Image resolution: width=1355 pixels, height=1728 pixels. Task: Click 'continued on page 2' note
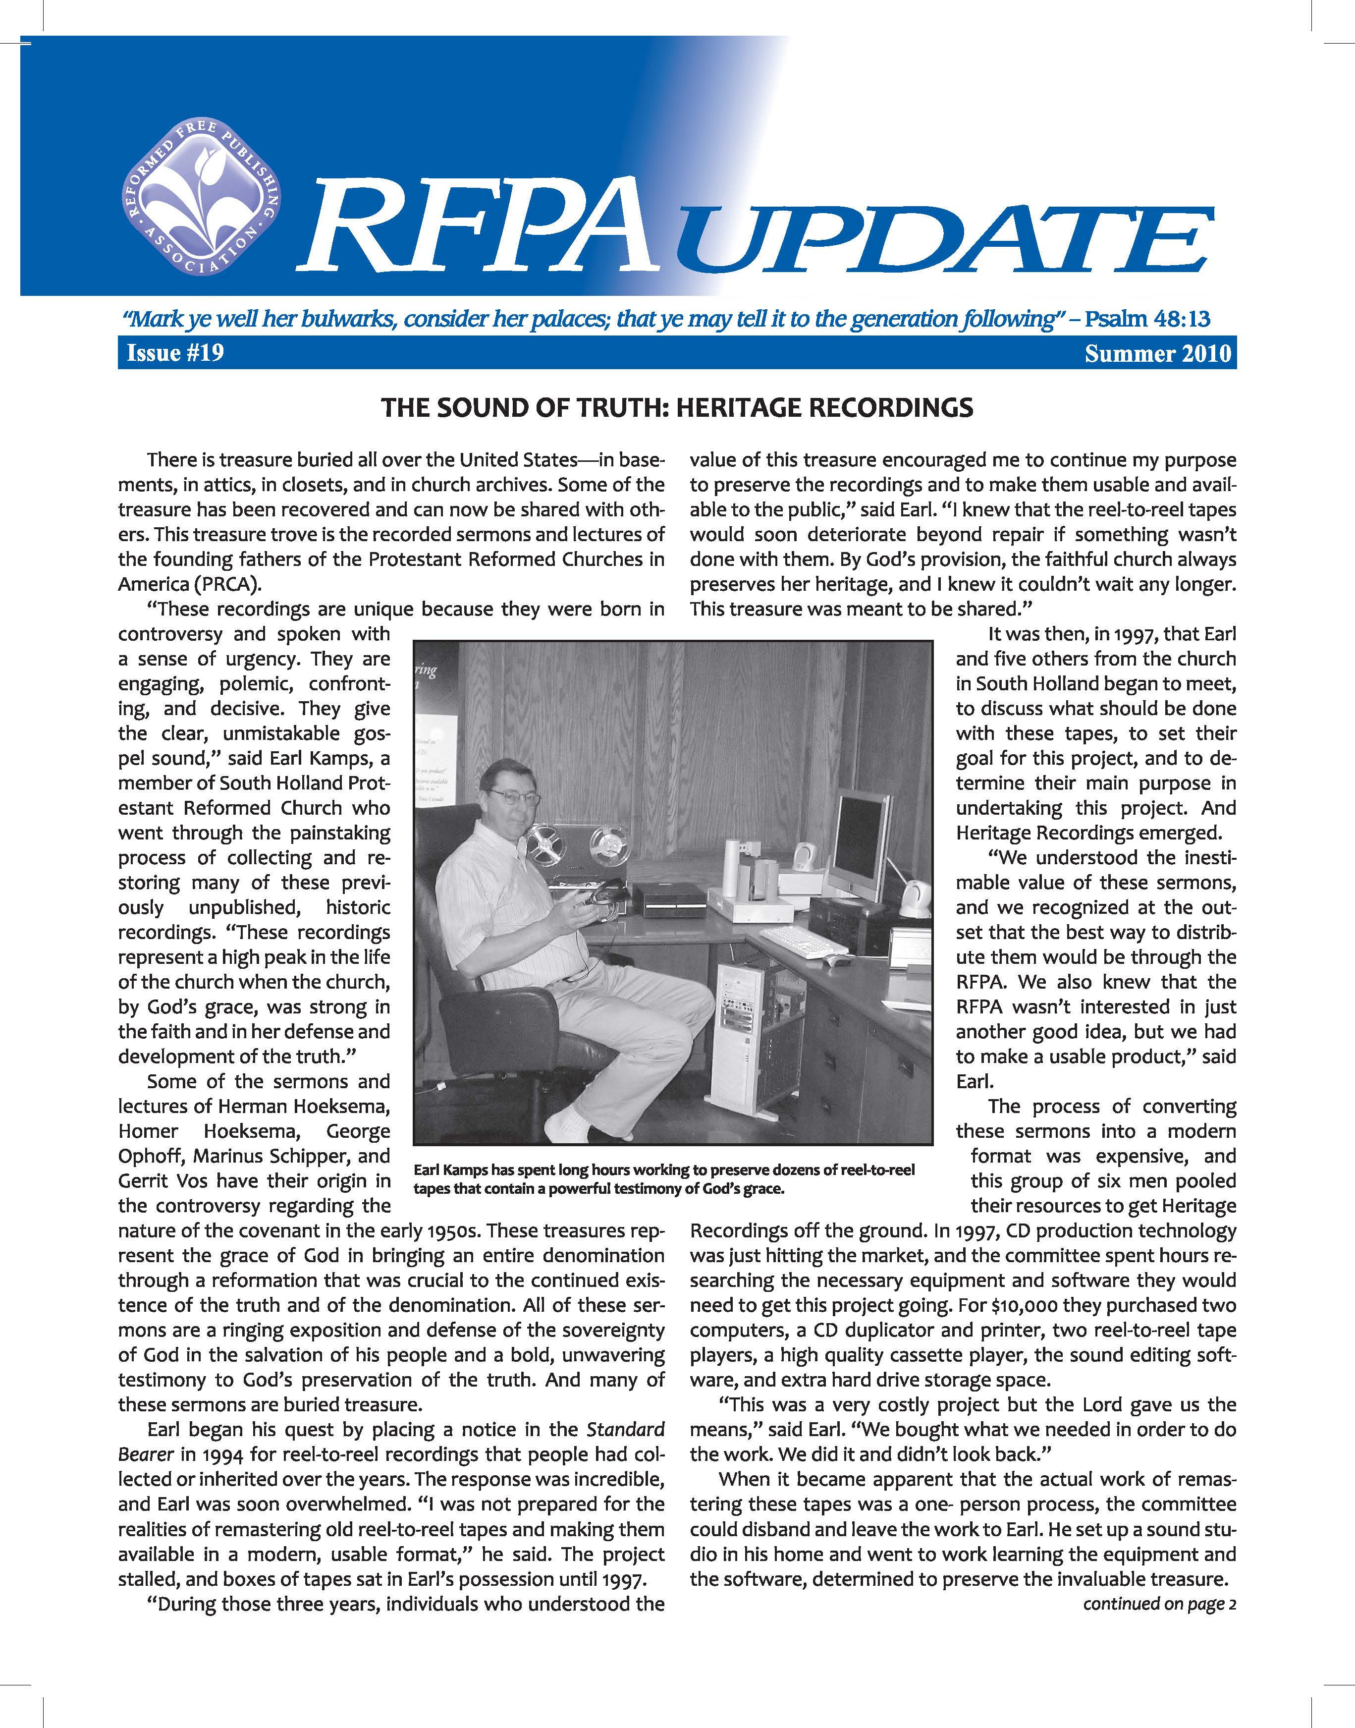pyautogui.click(x=1159, y=1604)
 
